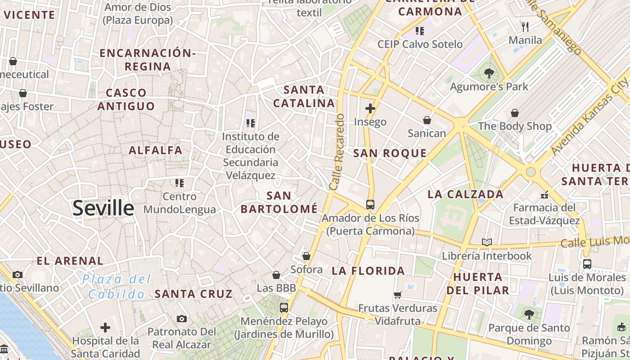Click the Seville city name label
[x=103, y=208]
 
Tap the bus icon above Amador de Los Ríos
[x=370, y=205]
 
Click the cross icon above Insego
[x=370, y=108]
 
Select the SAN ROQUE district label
[x=390, y=153]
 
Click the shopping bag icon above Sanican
[x=427, y=120]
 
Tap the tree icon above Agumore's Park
[x=489, y=73]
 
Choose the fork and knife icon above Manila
[x=525, y=27]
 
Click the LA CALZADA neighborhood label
[x=465, y=194]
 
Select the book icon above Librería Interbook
[x=486, y=243]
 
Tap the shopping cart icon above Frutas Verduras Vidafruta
[x=397, y=295]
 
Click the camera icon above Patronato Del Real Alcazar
[x=181, y=319]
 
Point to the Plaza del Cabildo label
[x=116, y=287]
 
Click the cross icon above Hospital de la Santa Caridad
[x=105, y=327]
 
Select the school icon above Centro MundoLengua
[x=180, y=183]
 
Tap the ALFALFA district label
[x=156, y=150]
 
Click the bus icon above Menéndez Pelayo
[x=283, y=308]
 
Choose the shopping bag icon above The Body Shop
[x=514, y=113]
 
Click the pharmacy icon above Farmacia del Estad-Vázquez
[x=545, y=195]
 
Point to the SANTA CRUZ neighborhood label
[x=193, y=294]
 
